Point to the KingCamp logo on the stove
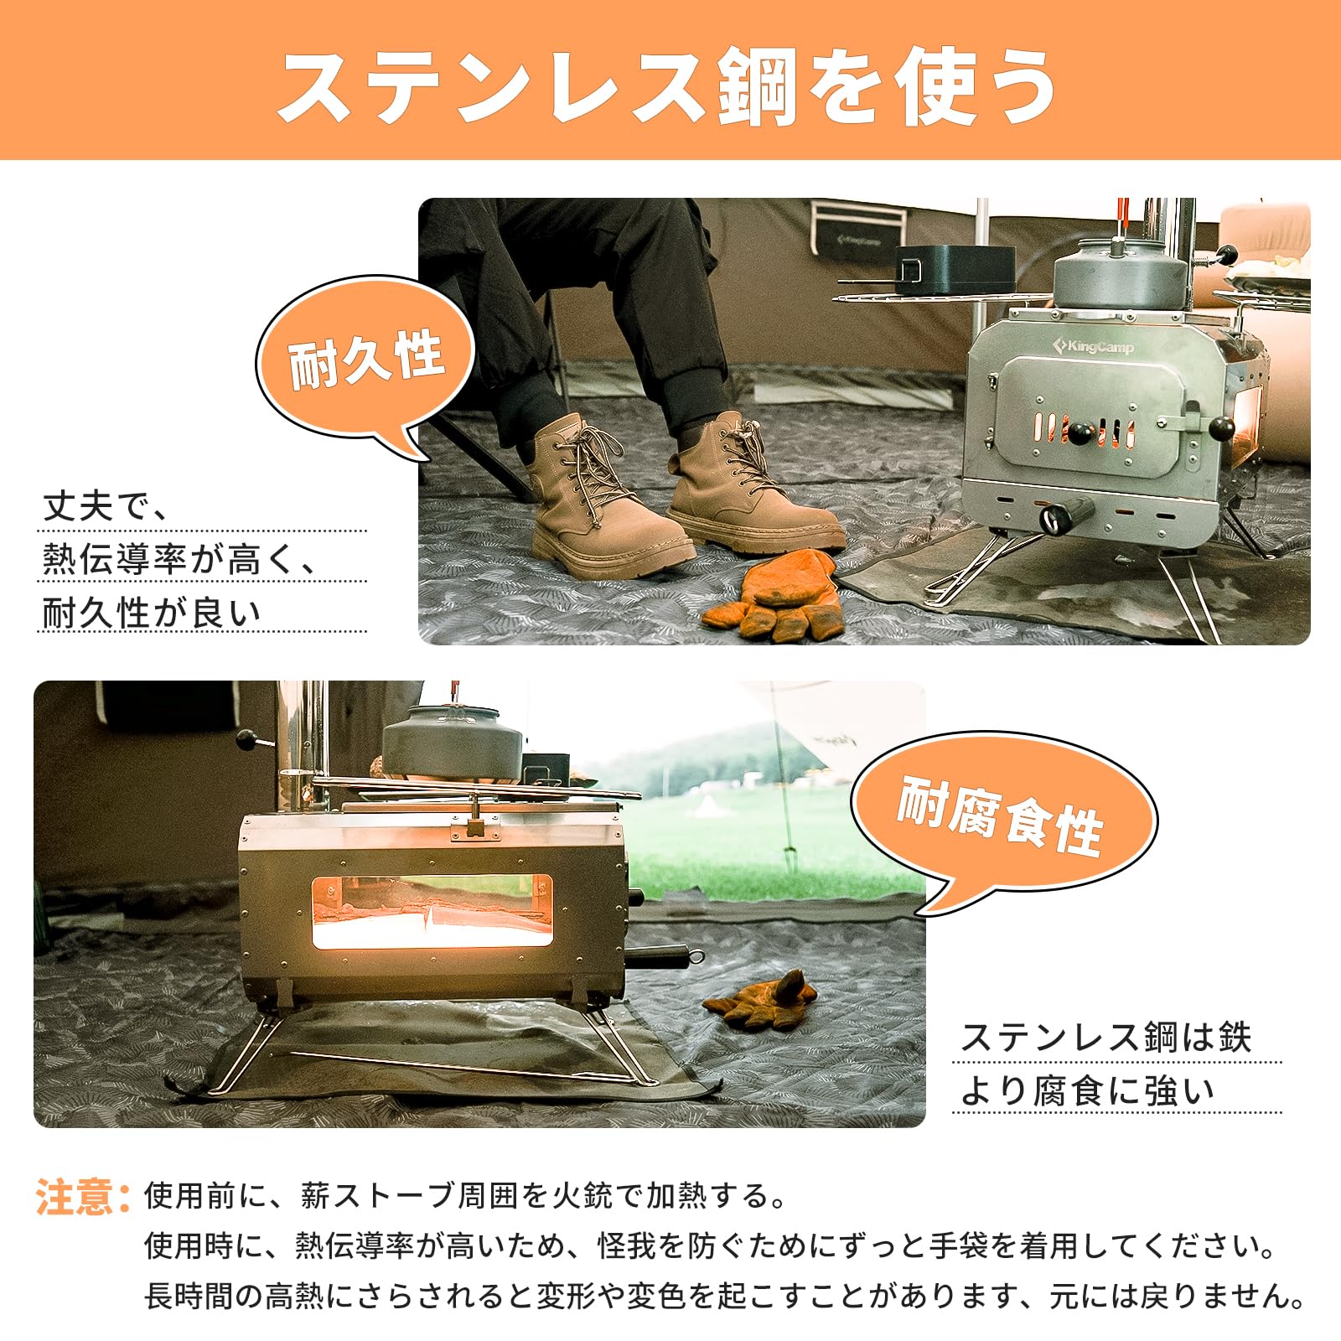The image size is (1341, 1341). click(x=1095, y=345)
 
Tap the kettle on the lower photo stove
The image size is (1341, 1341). click(x=453, y=738)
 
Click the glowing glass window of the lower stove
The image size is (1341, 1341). click(x=432, y=912)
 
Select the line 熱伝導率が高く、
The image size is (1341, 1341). click(x=180, y=559)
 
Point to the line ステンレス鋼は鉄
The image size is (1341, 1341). click(x=1105, y=1038)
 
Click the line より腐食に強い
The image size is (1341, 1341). click(x=1086, y=1090)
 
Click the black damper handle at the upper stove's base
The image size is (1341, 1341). click(x=1066, y=514)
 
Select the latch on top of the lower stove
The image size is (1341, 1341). click(x=474, y=826)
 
